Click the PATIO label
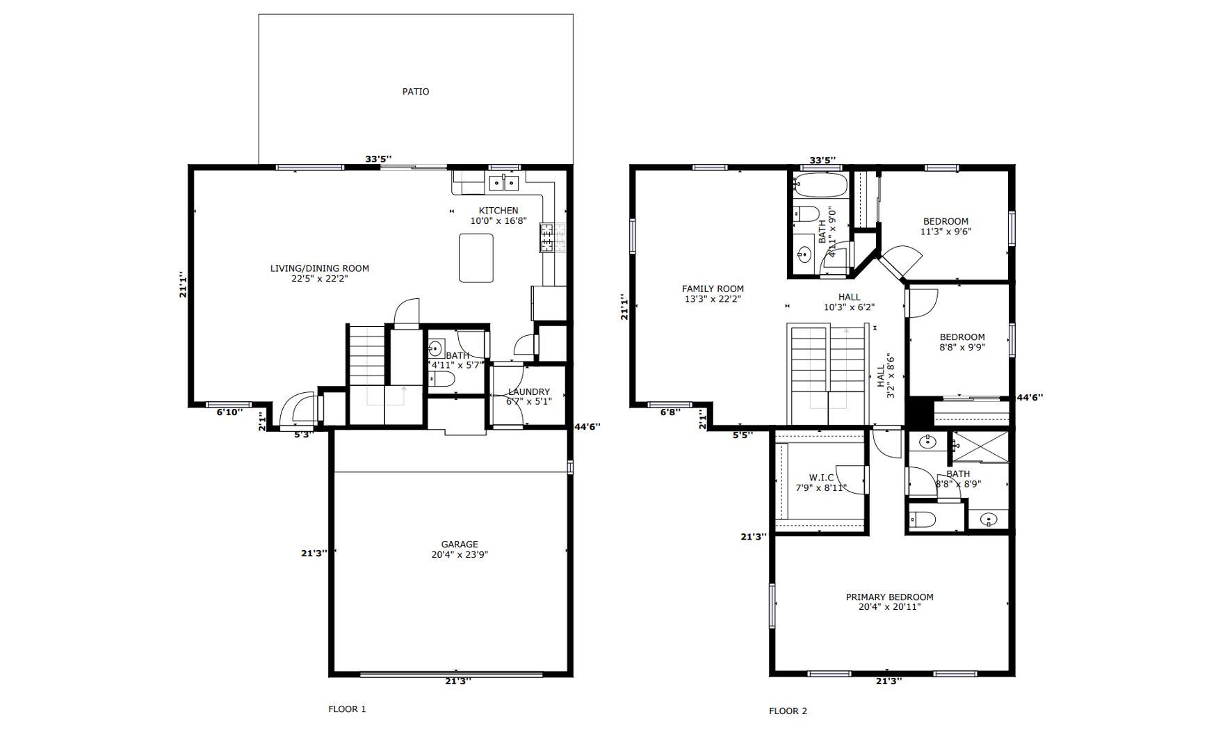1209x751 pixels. pyautogui.click(x=416, y=92)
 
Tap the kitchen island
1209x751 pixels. pyautogui.click(x=476, y=258)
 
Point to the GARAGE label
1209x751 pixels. pyautogui.click(x=460, y=544)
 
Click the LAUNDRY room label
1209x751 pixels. pyautogui.click(x=529, y=392)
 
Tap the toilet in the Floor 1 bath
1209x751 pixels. pyautogui.click(x=441, y=379)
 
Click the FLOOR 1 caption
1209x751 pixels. pyautogui.click(x=347, y=709)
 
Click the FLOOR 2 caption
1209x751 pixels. pyautogui.click(x=788, y=711)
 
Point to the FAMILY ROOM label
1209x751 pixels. pyautogui.click(x=713, y=289)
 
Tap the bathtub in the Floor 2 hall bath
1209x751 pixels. pyautogui.click(x=820, y=186)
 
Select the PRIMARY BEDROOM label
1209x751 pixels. pyautogui.click(x=889, y=597)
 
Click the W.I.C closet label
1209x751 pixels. pyautogui.click(x=821, y=478)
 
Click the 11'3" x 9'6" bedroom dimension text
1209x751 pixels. pyautogui.click(x=946, y=232)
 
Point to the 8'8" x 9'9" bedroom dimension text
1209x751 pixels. pyautogui.click(x=962, y=348)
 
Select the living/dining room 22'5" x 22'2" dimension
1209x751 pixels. pyautogui.click(x=320, y=279)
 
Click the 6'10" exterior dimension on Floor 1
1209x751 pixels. pyautogui.click(x=229, y=412)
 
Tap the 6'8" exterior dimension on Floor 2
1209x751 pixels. pyautogui.click(x=670, y=412)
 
